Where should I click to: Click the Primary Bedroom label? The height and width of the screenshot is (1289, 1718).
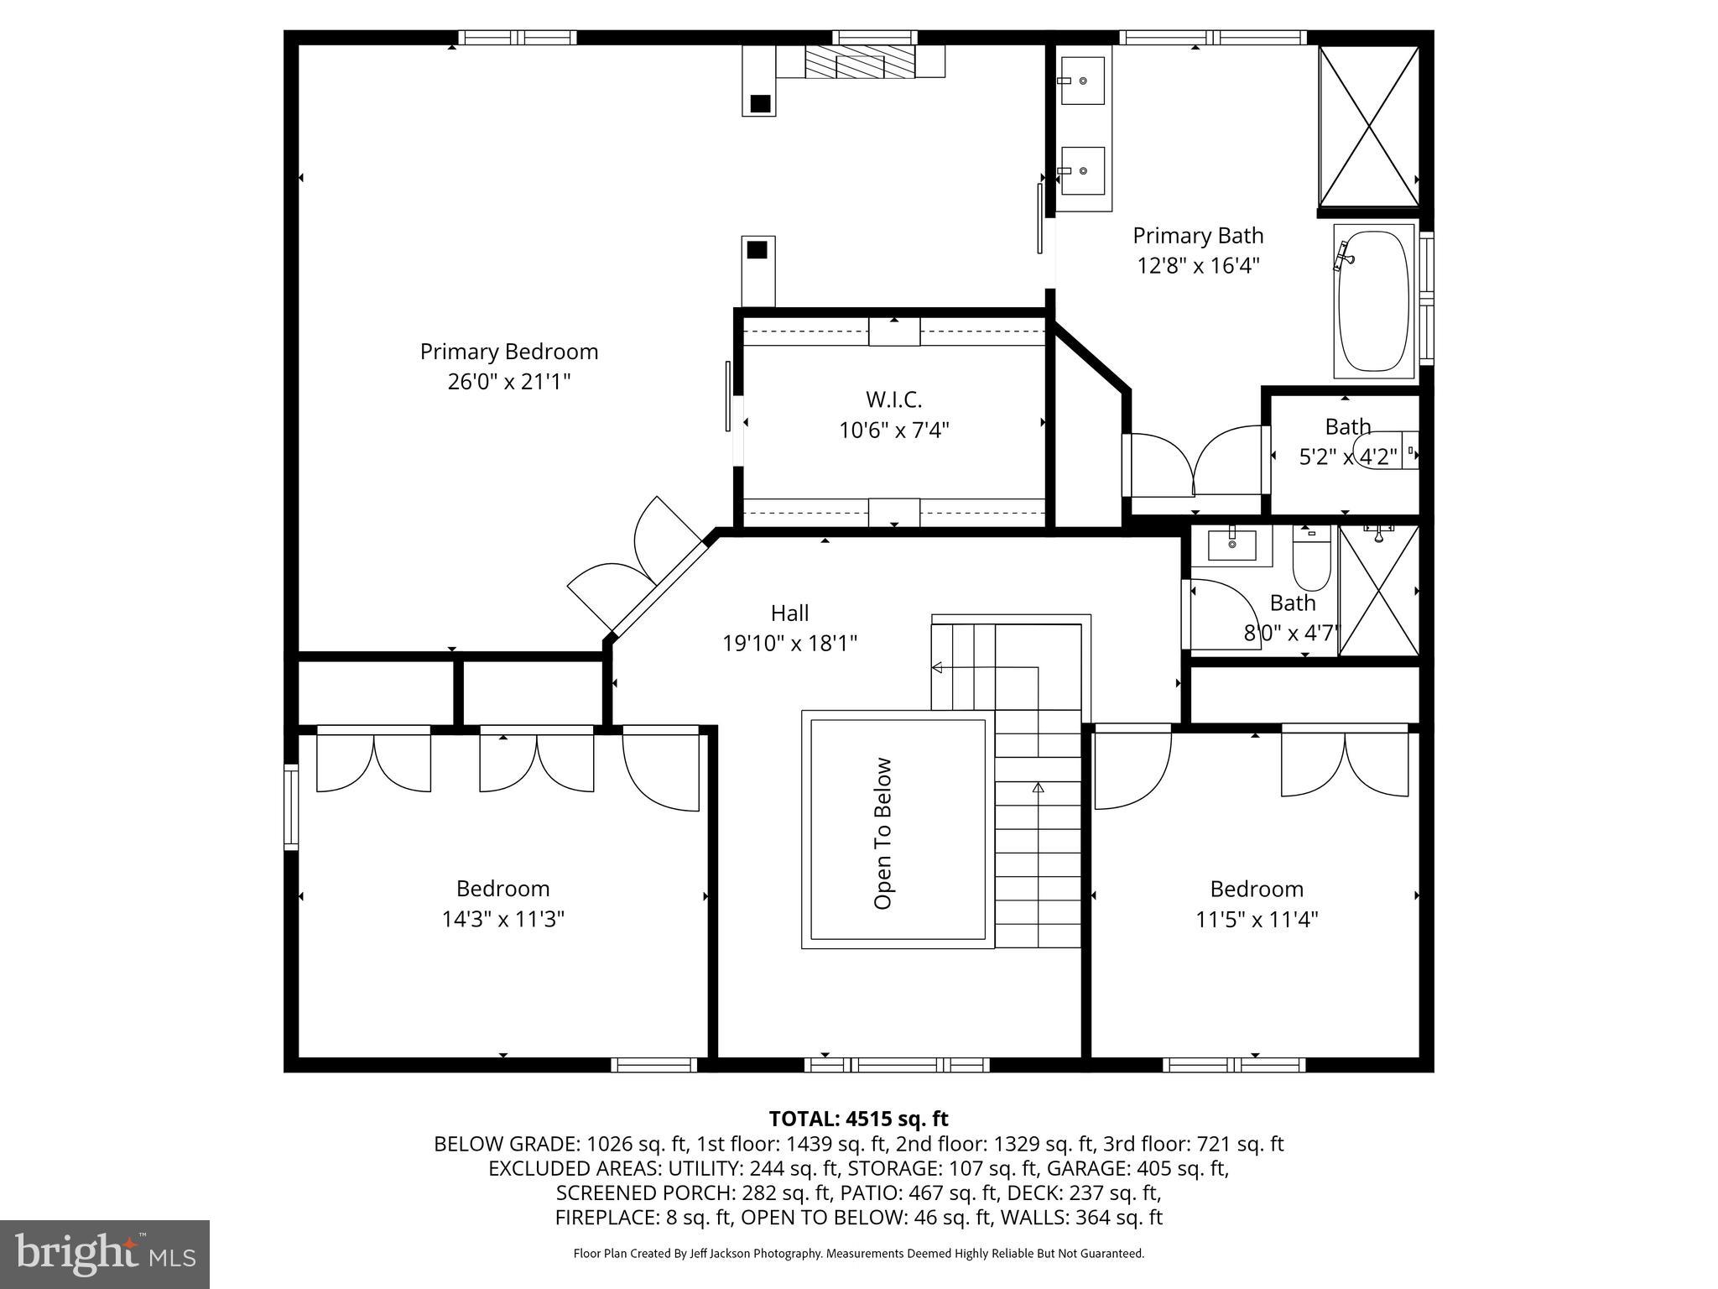508,352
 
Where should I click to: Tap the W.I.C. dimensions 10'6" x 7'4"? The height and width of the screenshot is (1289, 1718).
893,431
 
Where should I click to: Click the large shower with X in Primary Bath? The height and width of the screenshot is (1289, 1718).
1368,126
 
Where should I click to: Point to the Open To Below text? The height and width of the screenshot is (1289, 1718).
882,833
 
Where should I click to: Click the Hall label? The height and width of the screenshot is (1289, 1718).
789,613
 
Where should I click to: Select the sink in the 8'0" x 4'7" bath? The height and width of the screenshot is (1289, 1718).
1231,545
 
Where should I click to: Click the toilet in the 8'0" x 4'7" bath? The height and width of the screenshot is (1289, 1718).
1310,557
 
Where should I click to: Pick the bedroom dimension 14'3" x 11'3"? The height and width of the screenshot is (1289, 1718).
502,920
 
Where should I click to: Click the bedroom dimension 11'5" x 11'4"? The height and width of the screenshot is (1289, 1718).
1256,920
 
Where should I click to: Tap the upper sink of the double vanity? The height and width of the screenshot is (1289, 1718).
1082,81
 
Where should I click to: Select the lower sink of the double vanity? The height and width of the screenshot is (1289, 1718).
1082,170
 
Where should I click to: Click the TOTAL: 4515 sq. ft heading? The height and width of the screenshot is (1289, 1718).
858,1119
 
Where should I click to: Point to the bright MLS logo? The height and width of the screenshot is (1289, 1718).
105,1254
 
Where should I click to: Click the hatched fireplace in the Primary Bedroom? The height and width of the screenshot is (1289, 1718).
859,61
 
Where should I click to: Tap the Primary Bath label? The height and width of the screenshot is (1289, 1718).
1197,236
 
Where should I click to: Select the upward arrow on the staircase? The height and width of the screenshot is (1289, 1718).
1038,788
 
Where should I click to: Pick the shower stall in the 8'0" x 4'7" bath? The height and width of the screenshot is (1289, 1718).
1377,591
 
